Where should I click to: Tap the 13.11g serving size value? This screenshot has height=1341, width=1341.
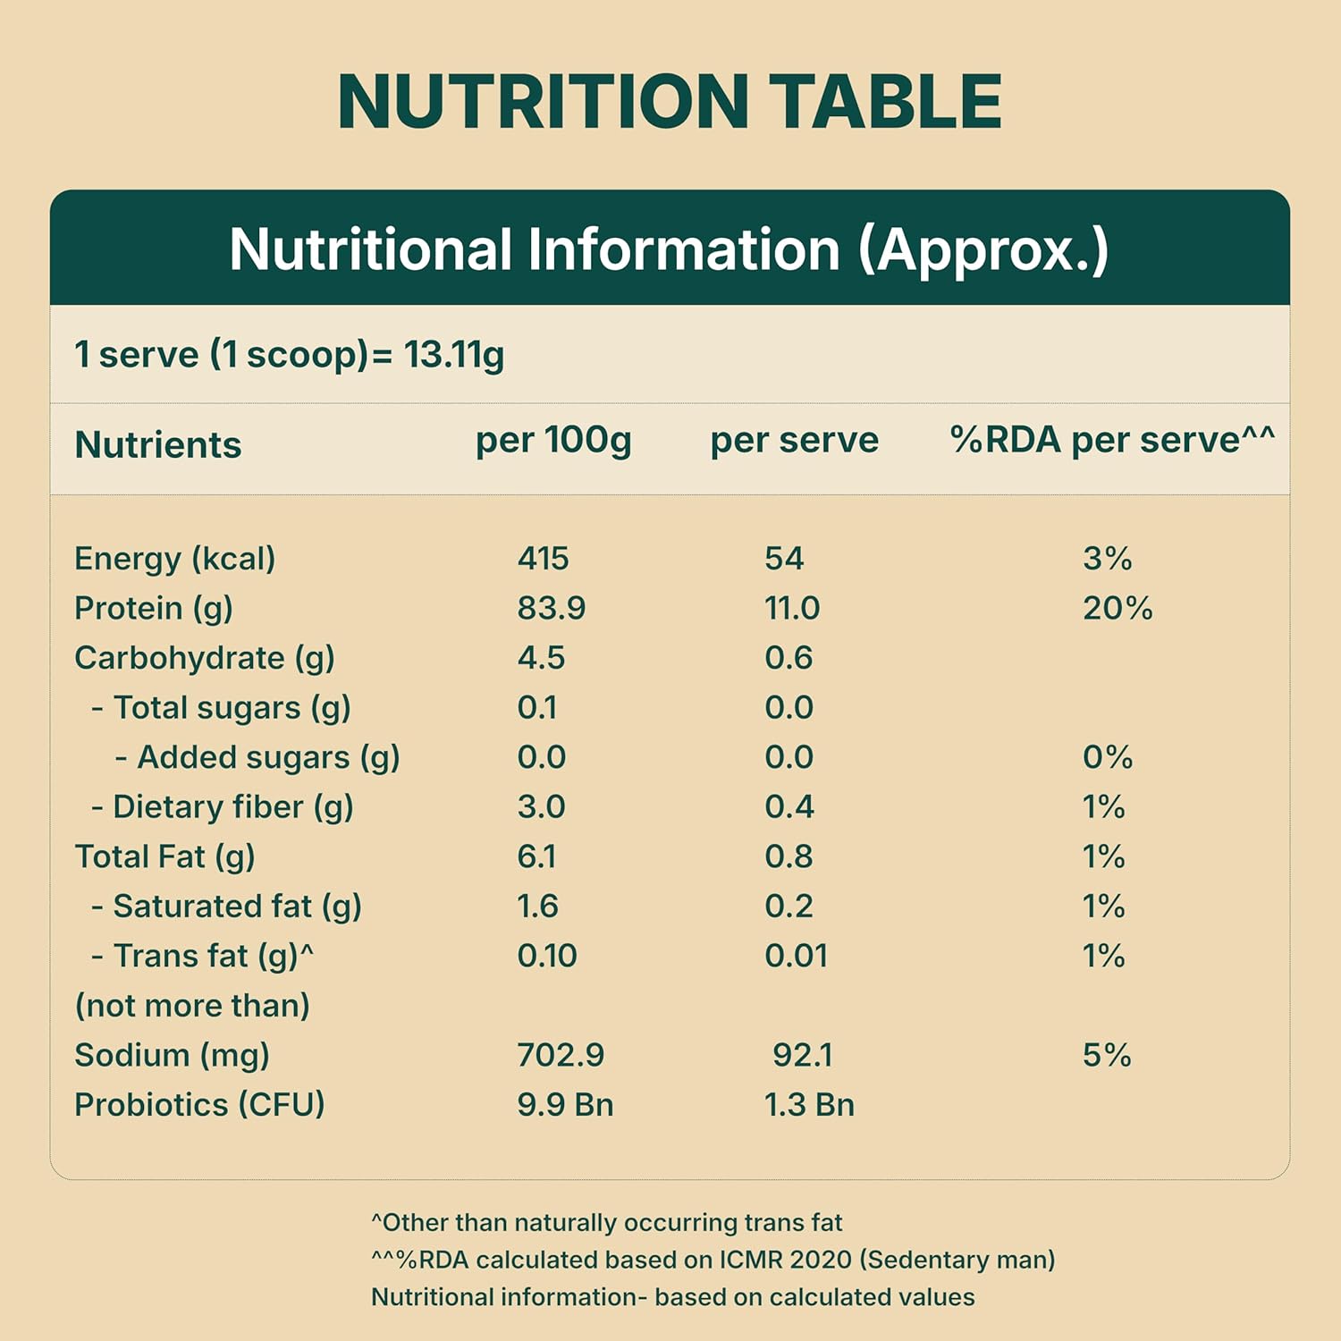pyautogui.click(x=454, y=355)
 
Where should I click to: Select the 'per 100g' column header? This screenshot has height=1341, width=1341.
pyautogui.click(x=553, y=440)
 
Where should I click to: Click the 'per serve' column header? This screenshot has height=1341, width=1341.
pyautogui.click(x=794, y=440)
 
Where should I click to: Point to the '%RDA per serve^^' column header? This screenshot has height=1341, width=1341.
pyautogui.click(x=1111, y=440)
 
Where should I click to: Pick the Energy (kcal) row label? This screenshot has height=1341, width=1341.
pyautogui.click(x=174, y=559)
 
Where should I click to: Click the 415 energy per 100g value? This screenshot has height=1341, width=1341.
pyautogui.click(x=543, y=559)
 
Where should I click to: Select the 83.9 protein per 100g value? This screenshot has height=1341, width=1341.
pyautogui.click(x=551, y=609)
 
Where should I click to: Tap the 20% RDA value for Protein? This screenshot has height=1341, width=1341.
pyautogui.click(x=1117, y=609)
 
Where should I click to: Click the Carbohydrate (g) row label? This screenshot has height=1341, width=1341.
pyautogui.click(x=204, y=658)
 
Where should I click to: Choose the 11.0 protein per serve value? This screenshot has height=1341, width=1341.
pyautogui.click(x=791, y=609)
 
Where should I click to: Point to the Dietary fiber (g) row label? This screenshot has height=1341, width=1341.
pyautogui.click(x=232, y=807)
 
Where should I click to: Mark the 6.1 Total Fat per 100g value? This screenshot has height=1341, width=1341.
pyautogui.click(x=536, y=856)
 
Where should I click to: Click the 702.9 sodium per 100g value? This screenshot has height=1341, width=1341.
pyautogui.click(x=561, y=1055)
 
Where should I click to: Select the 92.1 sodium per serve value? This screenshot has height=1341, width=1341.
pyautogui.click(x=802, y=1055)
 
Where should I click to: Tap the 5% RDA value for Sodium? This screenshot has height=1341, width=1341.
pyautogui.click(x=1107, y=1055)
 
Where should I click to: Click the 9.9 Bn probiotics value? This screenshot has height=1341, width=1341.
pyautogui.click(x=565, y=1105)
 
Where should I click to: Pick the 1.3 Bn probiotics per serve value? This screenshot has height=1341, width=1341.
pyautogui.click(x=809, y=1105)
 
